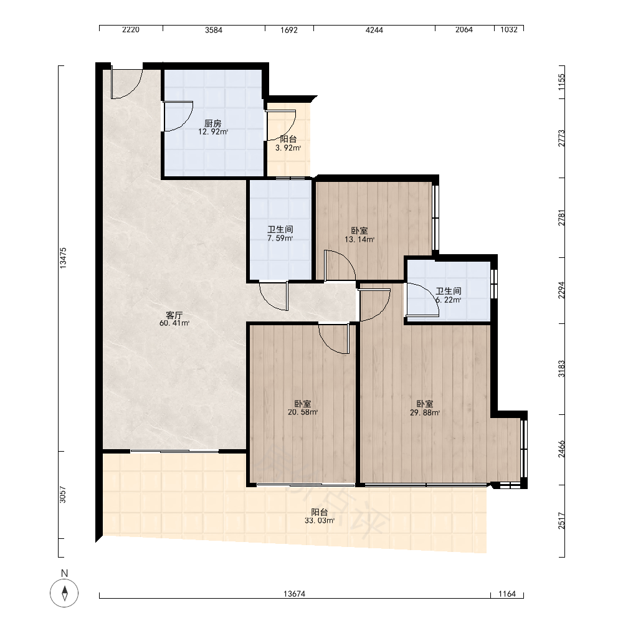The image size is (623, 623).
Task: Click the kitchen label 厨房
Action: click(x=213, y=123)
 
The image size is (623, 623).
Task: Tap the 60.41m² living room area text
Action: click(x=174, y=323)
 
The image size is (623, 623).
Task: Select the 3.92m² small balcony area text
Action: click(x=288, y=148)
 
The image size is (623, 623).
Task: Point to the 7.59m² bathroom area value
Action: click(x=280, y=239)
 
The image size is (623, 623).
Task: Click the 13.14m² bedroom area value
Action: click(x=359, y=240)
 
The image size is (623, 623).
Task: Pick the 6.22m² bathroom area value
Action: click(x=449, y=300)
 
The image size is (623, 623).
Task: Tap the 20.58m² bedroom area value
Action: click(x=303, y=412)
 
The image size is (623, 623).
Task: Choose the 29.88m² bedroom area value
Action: click(x=425, y=413)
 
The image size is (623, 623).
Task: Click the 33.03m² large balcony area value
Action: click(x=320, y=520)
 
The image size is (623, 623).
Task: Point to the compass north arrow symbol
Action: click(x=64, y=593)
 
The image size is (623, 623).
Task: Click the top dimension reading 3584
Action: click(x=214, y=30)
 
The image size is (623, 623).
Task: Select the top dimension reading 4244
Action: click(x=374, y=30)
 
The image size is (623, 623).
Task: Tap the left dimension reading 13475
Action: click(x=63, y=259)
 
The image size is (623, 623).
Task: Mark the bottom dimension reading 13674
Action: click(x=295, y=594)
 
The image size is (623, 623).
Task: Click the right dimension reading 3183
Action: click(x=561, y=369)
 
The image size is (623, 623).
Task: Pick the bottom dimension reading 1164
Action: click(x=507, y=594)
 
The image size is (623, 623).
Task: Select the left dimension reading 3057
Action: click(x=63, y=495)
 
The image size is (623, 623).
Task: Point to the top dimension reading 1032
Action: click(x=509, y=30)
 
